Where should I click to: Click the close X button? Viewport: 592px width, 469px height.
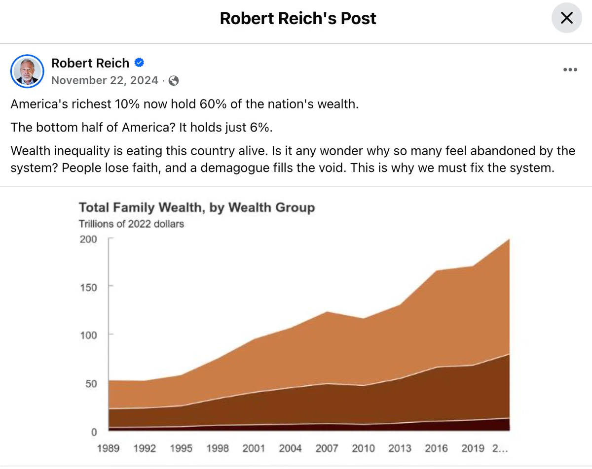(x=567, y=18)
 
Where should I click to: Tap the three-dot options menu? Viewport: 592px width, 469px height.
(x=570, y=70)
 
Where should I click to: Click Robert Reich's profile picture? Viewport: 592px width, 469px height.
(x=27, y=71)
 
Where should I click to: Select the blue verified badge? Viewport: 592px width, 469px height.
(x=139, y=63)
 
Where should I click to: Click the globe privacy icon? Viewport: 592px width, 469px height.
(x=174, y=81)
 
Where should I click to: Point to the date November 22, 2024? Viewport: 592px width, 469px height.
(x=105, y=80)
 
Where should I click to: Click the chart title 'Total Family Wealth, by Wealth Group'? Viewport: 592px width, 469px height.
(x=197, y=207)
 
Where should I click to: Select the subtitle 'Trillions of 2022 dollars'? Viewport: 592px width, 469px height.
(x=132, y=224)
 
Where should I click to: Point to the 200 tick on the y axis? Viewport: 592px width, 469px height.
(x=88, y=239)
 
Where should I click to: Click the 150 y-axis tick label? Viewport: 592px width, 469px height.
(x=88, y=288)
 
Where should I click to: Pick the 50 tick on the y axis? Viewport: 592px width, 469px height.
(x=91, y=384)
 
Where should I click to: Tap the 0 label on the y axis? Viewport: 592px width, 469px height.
(x=94, y=432)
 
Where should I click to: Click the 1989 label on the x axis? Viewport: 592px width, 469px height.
(x=108, y=448)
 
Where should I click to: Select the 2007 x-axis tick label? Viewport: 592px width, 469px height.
(x=327, y=448)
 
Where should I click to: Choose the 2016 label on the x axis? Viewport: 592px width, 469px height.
(x=436, y=448)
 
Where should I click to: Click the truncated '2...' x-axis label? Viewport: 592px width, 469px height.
(x=500, y=448)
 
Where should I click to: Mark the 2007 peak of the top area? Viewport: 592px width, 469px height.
(x=327, y=312)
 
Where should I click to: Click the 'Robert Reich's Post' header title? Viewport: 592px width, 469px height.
(x=298, y=18)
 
